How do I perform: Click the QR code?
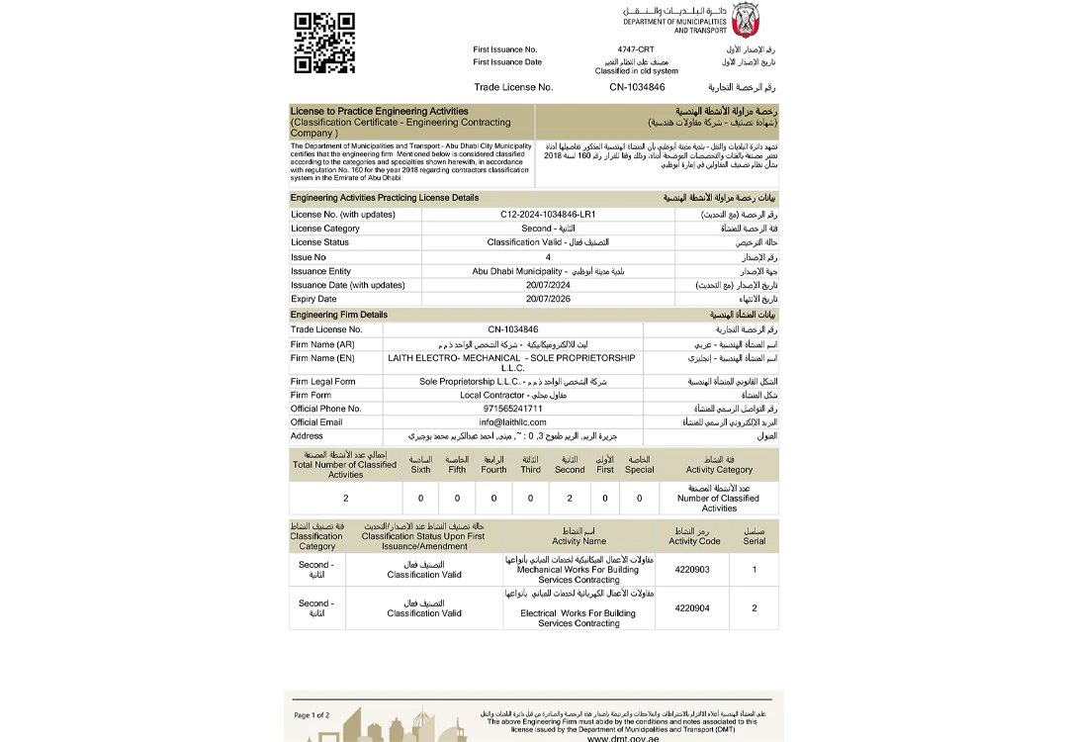pyautogui.click(x=324, y=43)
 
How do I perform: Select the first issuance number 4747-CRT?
pyautogui.click(x=635, y=49)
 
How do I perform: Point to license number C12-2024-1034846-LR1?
pyautogui.click(x=548, y=214)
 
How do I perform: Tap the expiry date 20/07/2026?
pyautogui.click(x=548, y=299)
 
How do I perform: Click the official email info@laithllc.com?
pyautogui.click(x=512, y=422)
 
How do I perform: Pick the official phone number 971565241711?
pyautogui.click(x=512, y=409)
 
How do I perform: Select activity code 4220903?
pyautogui.click(x=692, y=570)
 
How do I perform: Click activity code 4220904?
pyautogui.click(x=692, y=608)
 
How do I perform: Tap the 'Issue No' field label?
pyautogui.click(x=309, y=257)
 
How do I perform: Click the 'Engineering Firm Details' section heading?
pyautogui.click(x=339, y=315)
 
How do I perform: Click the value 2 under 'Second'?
pyautogui.click(x=569, y=499)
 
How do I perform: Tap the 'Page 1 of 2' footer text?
pyautogui.click(x=311, y=714)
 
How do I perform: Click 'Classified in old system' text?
pyautogui.click(x=636, y=71)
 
